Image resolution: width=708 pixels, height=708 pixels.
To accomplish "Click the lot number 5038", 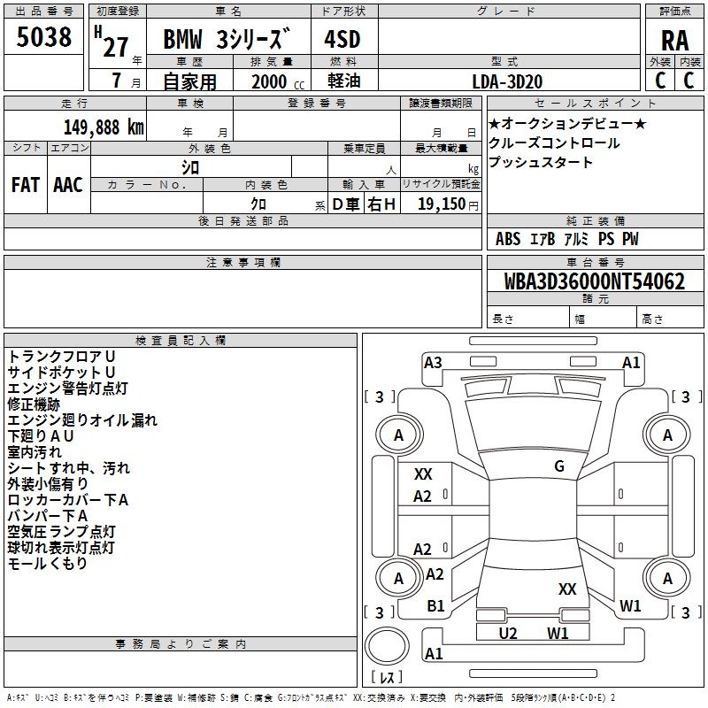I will tap(44, 37).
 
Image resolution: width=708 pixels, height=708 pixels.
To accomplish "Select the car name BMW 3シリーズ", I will tap(227, 41).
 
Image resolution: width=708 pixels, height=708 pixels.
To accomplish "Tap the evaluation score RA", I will tap(674, 40).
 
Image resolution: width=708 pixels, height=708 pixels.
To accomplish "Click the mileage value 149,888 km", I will tap(104, 127).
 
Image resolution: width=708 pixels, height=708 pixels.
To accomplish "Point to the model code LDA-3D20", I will tap(507, 81).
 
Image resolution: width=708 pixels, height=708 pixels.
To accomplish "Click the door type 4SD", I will tap(342, 40).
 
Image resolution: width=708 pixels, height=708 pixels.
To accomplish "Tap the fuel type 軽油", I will tap(342, 81).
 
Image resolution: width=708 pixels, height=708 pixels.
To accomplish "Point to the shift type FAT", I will tap(25, 185).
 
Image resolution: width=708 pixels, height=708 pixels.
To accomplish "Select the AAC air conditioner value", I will tap(68, 185).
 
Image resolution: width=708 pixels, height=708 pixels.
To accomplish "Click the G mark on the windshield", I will tap(558, 466).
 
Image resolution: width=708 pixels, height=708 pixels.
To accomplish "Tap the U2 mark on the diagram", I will tap(508, 633).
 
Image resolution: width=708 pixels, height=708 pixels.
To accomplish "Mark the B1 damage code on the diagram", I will tap(435, 605).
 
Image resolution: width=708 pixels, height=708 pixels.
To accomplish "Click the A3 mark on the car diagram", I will tap(433, 362).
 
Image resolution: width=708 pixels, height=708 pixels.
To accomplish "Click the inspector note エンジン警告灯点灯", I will tap(67, 388).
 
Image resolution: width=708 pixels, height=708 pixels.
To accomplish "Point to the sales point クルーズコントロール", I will tap(554, 143).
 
